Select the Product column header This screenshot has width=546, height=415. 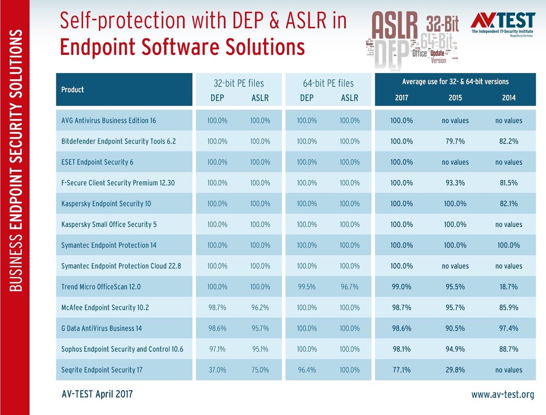73,89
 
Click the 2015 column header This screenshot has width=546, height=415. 455,97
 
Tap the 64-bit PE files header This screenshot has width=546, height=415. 328,83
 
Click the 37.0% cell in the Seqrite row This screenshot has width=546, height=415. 217,370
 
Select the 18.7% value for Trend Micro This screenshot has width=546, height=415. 508,287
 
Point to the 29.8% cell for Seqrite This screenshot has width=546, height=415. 455,370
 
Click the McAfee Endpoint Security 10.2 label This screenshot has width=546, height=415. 105,307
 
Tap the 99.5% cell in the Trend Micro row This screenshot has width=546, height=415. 307,287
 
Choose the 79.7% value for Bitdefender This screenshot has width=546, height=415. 455,141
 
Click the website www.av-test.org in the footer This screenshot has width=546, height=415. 503,394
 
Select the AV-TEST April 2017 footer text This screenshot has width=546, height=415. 97,394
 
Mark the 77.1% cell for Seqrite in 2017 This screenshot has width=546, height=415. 402,370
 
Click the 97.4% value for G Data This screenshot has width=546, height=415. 508,328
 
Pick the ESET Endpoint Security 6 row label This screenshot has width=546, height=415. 97,162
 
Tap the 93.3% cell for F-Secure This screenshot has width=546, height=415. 455,183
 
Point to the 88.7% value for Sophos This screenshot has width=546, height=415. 508,349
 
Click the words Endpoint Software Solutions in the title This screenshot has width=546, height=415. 182,47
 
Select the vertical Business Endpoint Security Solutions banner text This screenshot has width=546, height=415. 15,161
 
